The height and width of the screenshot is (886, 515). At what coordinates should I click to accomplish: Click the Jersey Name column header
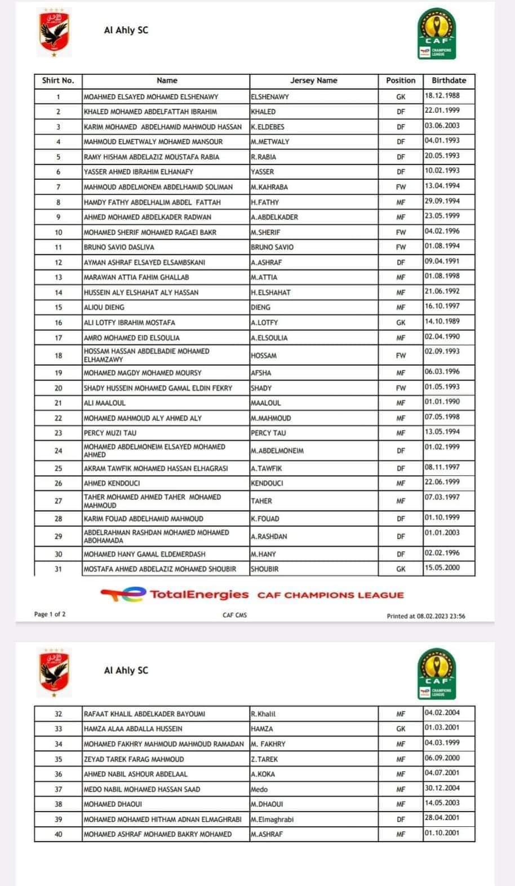pyautogui.click(x=313, y=81)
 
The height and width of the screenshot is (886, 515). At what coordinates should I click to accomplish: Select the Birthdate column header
pyautogui.click(x=449, y=81)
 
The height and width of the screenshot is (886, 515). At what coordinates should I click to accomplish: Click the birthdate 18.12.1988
pyautogui.click(x=442, y=96)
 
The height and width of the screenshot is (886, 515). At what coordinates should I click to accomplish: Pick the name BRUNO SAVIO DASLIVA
pyautogui.click(x=119, y=247)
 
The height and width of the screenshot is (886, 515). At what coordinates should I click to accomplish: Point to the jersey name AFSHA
pyautogui.click(x=261, y=373)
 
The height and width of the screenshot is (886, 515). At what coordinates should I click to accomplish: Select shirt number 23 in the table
pyautogui.click(x=58, y=433)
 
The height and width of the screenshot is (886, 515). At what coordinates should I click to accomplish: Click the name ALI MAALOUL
pyautogui.click(x=105, y=404)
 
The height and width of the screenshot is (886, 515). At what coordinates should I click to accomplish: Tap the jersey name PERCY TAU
pyautogui.click(x=268, y=433)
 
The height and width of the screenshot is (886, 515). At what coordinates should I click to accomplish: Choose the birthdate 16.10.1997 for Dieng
pyautogui.click(x=442, y=307)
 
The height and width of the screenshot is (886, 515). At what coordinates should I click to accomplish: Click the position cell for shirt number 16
pyautogui.click(x=401, y=323)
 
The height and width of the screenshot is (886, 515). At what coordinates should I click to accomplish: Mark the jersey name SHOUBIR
pyautogui.click(x=265, y=569)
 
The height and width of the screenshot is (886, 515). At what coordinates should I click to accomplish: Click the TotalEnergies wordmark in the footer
pyautogui.click(x=199, y=594)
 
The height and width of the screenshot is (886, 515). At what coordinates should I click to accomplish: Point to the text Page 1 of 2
pyautogui.click(x=50, y=614)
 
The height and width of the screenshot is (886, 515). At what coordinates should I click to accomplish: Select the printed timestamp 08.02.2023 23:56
pyautogui.click(x=441, y=616)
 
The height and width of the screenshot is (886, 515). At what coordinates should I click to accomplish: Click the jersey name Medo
pyautogui.click(x=259, y=790)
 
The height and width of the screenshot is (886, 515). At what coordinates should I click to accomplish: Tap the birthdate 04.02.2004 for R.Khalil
pyautogui.click(x=442, y=713)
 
